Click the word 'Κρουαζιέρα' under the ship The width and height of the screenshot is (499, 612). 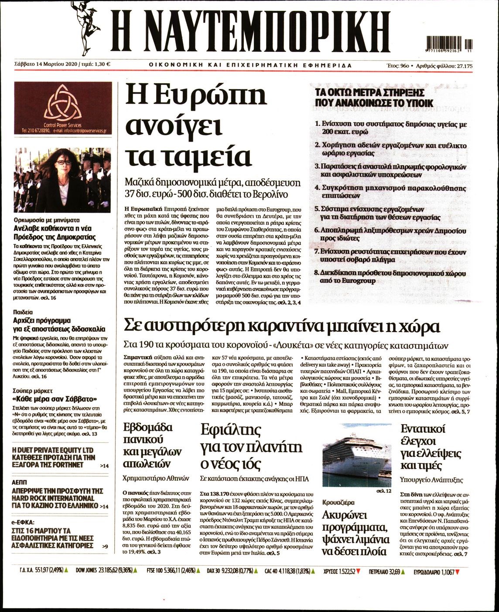[338, 502]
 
